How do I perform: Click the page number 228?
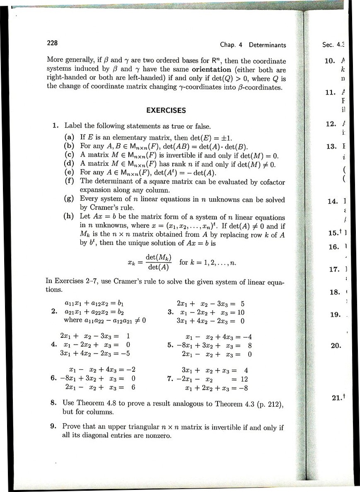(52, 43)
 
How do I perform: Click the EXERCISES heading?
(166, 110)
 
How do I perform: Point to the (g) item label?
(70, 199)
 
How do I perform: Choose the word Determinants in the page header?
(267, 45)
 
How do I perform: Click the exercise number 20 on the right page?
(336, 345)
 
